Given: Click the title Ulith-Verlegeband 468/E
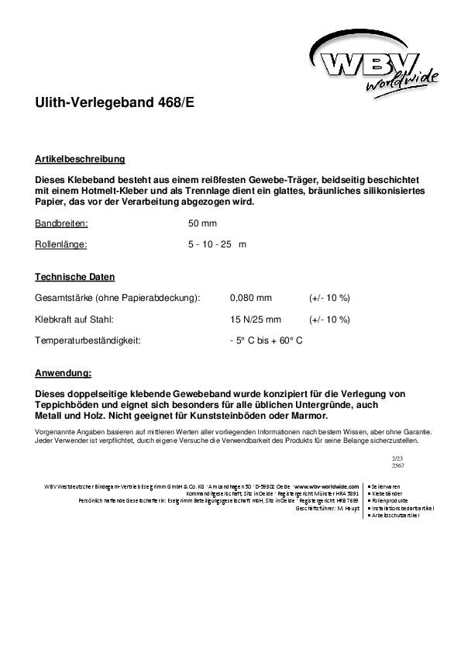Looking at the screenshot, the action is (115, 102).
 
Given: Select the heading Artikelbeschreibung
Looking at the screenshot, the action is (80, 159).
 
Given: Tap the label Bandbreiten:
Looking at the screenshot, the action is (61, 223).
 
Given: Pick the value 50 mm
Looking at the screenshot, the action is (202, 223).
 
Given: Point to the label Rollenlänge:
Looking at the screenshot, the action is (61, 244).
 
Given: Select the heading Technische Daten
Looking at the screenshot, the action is (74, 277).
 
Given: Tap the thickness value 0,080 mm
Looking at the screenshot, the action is (251, 298).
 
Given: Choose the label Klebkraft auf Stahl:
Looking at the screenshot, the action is (74, 319).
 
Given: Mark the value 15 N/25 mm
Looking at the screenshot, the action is (256, 319).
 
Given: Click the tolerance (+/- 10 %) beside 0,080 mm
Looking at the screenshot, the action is (329, 298).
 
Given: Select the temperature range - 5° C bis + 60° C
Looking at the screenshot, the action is (266, 340).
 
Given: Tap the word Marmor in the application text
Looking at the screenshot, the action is (299, 416).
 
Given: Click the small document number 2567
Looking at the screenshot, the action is (398, 465).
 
